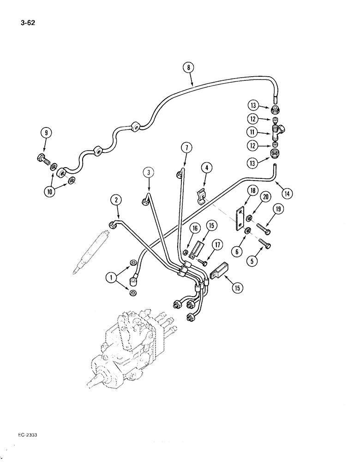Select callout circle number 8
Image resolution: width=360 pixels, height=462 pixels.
(x=188, y=67)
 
